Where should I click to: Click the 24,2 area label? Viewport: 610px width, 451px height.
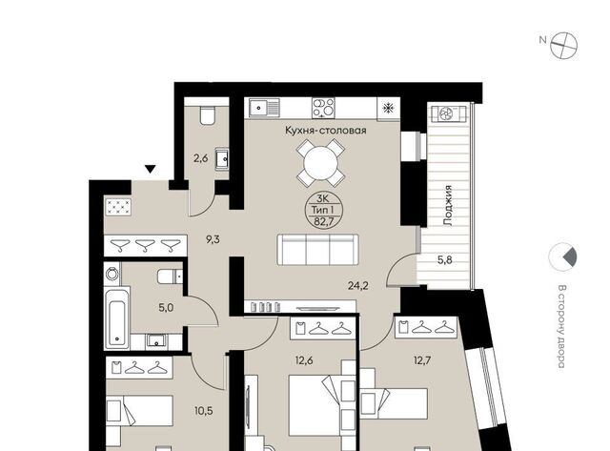tap(358, 286)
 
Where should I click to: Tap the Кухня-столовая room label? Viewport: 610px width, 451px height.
tap(326, 130)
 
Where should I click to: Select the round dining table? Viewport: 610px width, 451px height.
tap(320, 163)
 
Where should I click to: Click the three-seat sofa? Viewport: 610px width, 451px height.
tap(317, 250)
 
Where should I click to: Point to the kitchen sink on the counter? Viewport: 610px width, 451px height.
tap(264, 108)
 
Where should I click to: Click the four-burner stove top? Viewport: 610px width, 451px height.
tap(323, 108)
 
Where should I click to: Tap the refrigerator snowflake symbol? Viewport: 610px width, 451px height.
tap(388, 108)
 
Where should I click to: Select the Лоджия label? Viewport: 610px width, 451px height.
tap(448, 206)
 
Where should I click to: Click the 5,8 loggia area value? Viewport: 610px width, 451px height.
tap(445, 260)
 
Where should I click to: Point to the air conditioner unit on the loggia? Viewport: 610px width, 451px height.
tap(449, 113)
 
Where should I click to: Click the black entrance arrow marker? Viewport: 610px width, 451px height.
tap(151, 169)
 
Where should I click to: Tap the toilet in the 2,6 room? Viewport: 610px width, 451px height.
tap(207, 114)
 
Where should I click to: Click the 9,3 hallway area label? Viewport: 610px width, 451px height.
tap(213, 239)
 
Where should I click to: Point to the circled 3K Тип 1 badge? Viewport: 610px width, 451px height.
tap(322, 210)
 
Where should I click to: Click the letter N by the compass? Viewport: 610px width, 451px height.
tap(542, 39)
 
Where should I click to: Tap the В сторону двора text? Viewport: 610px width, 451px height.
tap(561, 326)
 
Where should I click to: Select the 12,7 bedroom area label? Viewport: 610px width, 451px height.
tap(422, 360)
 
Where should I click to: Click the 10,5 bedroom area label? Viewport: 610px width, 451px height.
tap(203, 411)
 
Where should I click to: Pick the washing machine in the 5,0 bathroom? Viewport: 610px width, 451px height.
tap(112, 273)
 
